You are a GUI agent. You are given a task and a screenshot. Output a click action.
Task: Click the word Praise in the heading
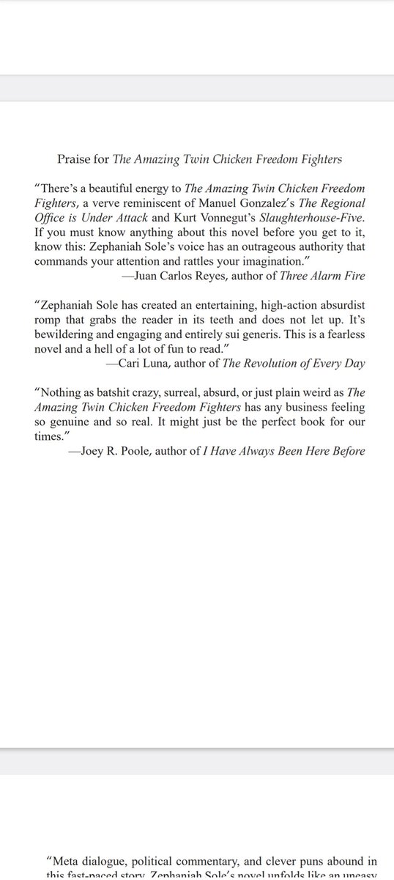(73, 159)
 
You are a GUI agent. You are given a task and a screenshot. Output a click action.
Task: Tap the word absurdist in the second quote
(341, 304)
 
